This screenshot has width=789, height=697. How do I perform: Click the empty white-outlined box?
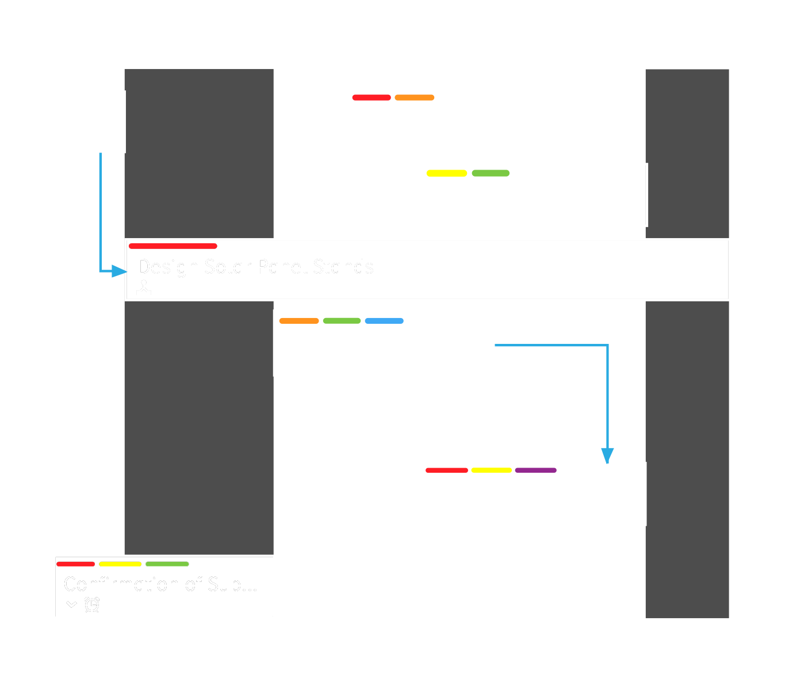pos(88,122)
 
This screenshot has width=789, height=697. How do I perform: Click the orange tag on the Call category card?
pos(414,98)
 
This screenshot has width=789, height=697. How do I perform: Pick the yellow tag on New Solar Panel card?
pos(447,173)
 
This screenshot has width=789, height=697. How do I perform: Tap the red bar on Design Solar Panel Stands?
pos(173,246)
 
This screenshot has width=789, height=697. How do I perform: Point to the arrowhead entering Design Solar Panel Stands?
pos(120,271)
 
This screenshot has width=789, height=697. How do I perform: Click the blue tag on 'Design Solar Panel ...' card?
pos(384,321)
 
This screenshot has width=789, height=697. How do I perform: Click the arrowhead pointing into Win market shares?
pos(607,455)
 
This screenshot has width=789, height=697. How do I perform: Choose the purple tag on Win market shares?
pos(535,470)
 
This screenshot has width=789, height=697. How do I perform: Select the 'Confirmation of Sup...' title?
pos(160,584)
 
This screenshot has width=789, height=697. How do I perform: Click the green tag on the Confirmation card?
pos(167,564)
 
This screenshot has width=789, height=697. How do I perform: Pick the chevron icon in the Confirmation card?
pos(71,604)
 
